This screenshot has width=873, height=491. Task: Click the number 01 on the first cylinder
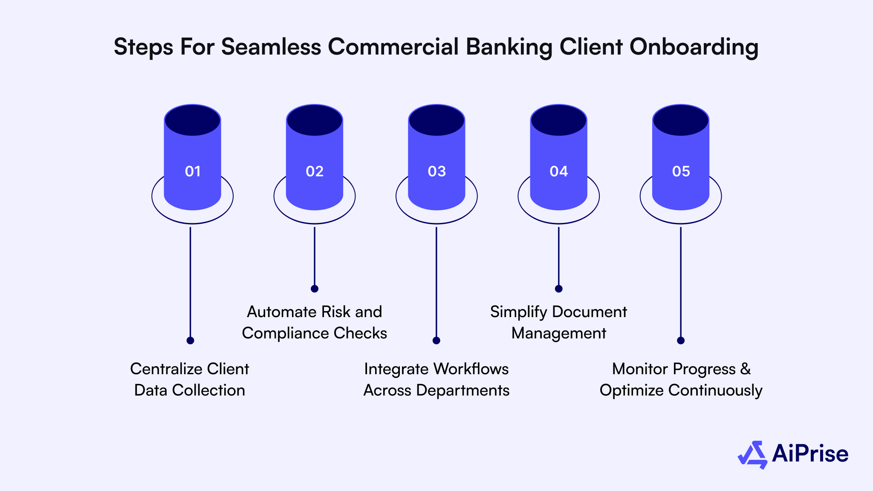click(193, 171)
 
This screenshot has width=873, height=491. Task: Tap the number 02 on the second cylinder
click(315, 171)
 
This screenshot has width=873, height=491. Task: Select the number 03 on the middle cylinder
click(436, 171)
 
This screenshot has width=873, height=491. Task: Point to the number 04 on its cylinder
click(558, 171)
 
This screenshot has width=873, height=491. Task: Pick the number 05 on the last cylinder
click(681, 171)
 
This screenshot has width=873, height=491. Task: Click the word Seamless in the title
click(271, 47)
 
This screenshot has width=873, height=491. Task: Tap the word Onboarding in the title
click(694, 47)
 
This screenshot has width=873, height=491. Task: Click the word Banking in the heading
click(509, 47)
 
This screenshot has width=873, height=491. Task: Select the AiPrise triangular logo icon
click(752, 455)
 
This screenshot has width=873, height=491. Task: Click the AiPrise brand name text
click(810, 454)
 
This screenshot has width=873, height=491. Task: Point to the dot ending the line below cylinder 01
click(190, 341)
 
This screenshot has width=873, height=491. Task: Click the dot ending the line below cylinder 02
click(315, 289)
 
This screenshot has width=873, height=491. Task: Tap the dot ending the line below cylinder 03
click(436, 341)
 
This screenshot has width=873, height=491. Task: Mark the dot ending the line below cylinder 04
click(558, 289)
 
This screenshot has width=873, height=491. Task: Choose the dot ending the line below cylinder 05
click(681, 341)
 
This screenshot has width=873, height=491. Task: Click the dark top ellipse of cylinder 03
click(436, 120)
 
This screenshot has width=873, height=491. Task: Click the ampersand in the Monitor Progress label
click(746, 369)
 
